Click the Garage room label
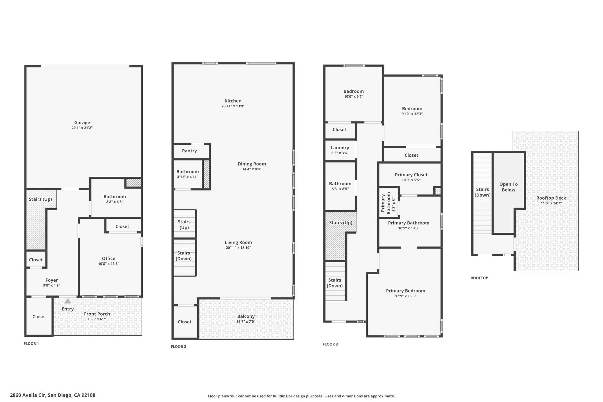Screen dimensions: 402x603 [x=82, y=123]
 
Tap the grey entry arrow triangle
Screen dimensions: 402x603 [x=68, y=301]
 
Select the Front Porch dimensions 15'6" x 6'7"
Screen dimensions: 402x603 [x=97, y=319]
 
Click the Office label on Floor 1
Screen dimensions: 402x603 [x=108, y=259]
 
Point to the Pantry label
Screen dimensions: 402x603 [x=189, y=151]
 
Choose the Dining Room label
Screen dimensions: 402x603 [x=252, y=164]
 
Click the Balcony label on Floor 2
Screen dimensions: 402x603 [x=246, y=317]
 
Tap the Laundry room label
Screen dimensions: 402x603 [x=340, y=148]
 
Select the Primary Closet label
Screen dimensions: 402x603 [x=411, y=175]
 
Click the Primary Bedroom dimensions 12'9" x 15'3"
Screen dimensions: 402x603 [x=405, y=296]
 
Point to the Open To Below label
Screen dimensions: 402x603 [x=508, y=187]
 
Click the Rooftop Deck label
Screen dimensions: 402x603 [x=551, y=198]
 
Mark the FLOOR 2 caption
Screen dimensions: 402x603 [x=178, y=347]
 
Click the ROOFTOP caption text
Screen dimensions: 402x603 [x=479, y=278]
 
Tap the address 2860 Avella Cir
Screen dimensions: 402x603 [x=28, y=395]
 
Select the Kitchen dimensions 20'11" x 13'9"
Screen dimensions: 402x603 [x=233, y=106]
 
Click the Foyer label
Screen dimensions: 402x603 [x=52, y=280]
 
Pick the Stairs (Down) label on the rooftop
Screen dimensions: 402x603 [x=482, y=192]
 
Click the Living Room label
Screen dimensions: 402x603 [x=238, y=243]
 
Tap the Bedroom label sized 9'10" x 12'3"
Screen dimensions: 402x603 [x=412, y=109]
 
